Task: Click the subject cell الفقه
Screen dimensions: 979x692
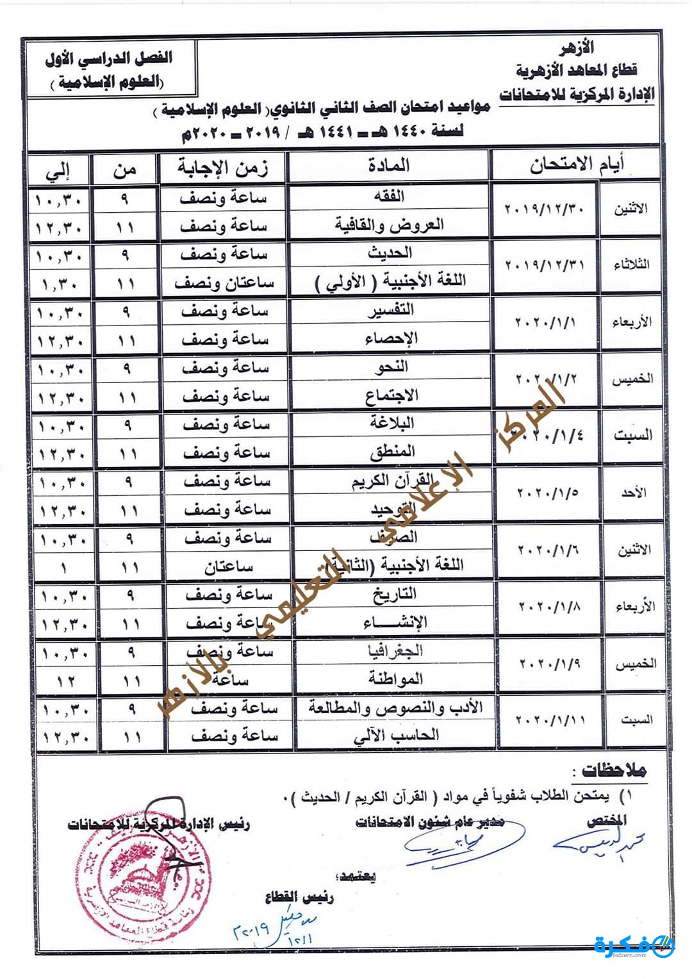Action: [389, 196]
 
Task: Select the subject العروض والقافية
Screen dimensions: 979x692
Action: [389, 225]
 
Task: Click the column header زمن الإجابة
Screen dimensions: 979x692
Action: [223, 168]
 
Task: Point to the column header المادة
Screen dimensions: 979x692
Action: [388, 166]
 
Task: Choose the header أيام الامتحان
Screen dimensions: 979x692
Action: [576, 165]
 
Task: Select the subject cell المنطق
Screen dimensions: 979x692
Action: [392, 452]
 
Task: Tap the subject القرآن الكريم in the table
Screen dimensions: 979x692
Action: [393, 481]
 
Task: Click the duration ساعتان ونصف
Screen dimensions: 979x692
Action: [224, 283]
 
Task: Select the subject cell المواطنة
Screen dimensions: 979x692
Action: [395, 679]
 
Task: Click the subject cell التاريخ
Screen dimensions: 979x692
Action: [394, 595]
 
